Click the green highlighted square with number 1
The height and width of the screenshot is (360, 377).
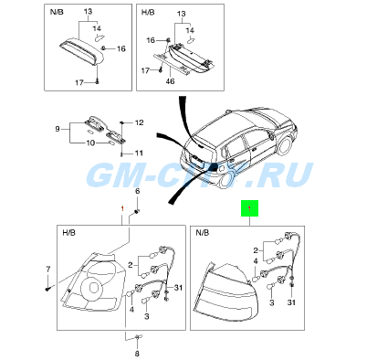click(249, 208)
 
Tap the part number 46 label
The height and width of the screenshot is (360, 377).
click(171, 81)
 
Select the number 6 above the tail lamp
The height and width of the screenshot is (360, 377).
click(137, 191)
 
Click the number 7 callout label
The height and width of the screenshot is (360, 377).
click(47, 269)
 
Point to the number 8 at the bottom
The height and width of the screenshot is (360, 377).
click(137, 354)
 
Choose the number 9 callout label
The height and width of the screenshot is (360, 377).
click(58, 129)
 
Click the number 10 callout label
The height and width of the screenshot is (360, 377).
click(90, 143)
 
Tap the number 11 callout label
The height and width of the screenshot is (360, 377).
click(139, 153)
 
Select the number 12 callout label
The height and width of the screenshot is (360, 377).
click(139, 122)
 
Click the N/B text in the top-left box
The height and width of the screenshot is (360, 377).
click(57, 12)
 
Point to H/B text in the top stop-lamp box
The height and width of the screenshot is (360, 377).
click(148, 12)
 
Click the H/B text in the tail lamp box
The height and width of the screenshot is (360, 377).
click(68, 233)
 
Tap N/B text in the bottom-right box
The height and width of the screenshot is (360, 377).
click(203, 233)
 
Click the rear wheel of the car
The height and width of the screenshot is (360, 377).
click(285, 145)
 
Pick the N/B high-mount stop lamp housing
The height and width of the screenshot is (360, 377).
click(81, 51)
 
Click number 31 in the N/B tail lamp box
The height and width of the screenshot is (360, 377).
click(291, 302)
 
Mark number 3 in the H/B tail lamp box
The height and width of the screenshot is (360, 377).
click(147, 316)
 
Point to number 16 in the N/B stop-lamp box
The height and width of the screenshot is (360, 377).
click(121, 48)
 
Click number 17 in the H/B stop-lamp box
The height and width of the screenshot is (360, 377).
click(145, 70)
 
